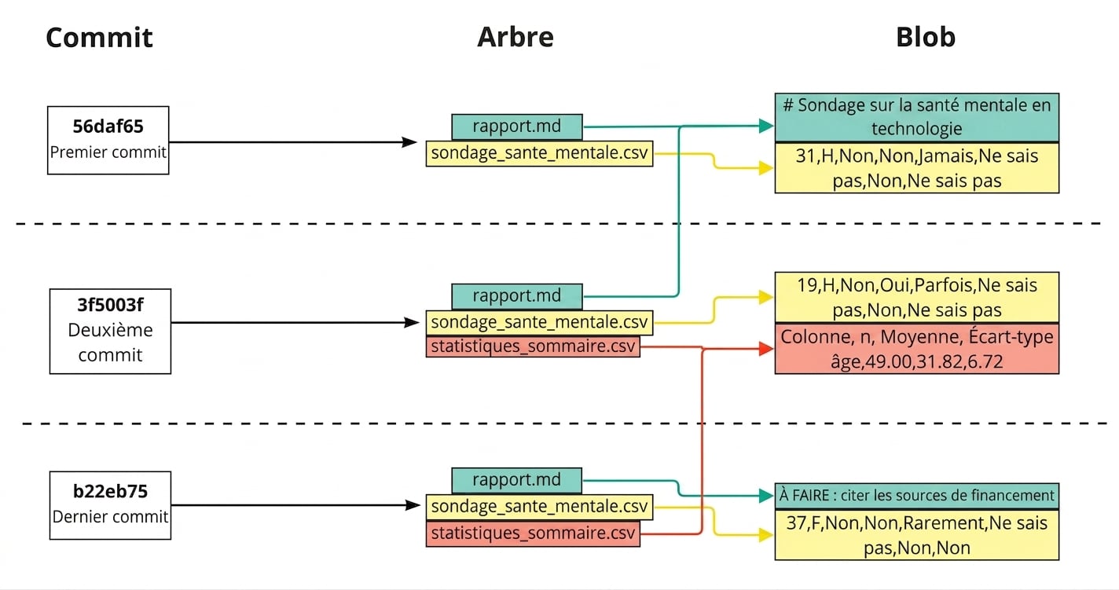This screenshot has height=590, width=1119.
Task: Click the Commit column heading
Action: tap(99, 38)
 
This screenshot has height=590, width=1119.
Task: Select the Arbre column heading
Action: tap(515, 37)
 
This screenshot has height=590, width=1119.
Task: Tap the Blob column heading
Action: tap(925, 37)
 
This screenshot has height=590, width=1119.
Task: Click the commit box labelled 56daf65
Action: tap(108, 140)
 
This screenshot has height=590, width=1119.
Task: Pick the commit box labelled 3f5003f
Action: tap(110, 331)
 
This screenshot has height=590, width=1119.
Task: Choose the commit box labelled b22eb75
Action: tap(110, 505)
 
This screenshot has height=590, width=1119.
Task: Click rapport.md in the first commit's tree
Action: tap(516, 126)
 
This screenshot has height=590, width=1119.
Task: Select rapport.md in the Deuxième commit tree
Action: tap(516, 295)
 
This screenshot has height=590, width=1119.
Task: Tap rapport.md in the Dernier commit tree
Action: tap(516, 480)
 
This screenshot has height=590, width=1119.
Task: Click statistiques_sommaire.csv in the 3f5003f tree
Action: tap(533, 346)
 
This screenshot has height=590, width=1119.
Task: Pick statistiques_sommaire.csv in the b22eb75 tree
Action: tap(533, 533)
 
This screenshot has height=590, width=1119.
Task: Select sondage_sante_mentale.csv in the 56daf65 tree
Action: tap(539, 153)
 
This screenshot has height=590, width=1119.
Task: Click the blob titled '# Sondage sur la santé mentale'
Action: tap(917, 117)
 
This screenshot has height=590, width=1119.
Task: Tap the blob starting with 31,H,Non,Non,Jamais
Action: tap(917, 168)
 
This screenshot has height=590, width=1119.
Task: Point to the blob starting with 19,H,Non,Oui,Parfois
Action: tap(917, 297)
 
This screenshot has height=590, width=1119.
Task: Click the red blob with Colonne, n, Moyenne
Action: tap(917, 349)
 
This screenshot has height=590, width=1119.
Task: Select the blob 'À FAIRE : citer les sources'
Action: tap(917, 496)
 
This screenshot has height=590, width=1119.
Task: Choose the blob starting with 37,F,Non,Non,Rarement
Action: tap(917, 535)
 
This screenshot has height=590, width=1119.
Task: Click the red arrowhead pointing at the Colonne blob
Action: tap(766, 348)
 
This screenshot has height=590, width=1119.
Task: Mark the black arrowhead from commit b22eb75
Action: tap(413, 505)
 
